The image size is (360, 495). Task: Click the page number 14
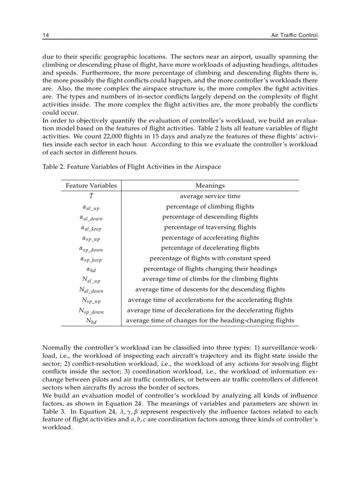(45, 35)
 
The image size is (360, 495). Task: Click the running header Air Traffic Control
(294, 35)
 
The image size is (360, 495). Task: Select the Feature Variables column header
(91, 186)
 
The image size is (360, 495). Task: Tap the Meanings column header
(210, 186)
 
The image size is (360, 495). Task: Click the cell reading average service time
(210, 196)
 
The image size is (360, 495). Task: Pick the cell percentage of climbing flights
(210, 206)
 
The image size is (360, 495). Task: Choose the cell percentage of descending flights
(210, 216)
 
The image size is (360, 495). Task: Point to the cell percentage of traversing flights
(210, 227)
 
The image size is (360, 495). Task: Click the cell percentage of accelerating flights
(210, 237)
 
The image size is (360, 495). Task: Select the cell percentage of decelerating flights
(210, 248)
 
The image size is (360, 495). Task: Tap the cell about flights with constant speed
(210, 258)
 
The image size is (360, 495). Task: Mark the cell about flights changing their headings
(210, 268)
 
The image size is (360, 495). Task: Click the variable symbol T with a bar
(91, 196)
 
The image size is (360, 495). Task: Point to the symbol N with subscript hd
(91, 321)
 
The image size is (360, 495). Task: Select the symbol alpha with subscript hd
(91, 269)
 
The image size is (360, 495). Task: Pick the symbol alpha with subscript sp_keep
(91, 259)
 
